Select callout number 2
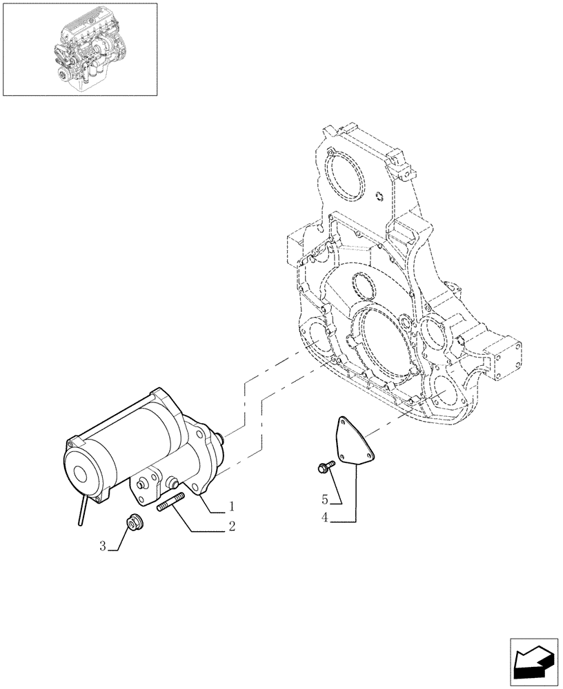[232, 527]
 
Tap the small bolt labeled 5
[324, 469]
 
